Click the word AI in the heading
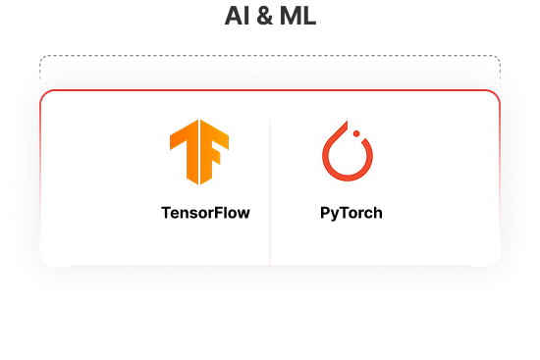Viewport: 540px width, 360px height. click(x=235, y=17)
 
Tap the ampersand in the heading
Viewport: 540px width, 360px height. click(x=261, y=17)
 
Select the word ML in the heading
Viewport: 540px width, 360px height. click(x=295, y=17)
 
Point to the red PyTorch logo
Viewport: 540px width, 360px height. click(x=348, y=153)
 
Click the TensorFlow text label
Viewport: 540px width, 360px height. click(x=205, y=212)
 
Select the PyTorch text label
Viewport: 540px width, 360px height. click(x=351, y=212)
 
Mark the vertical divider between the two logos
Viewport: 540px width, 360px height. click(x=270, y=186)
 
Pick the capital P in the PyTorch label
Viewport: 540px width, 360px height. click(x=326, y=212)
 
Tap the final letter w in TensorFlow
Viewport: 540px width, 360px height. click(x=243, y=213)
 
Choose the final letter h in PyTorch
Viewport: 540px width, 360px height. click(x=378, y=212)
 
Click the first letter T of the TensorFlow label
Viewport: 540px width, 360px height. click(x=166, y=212)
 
